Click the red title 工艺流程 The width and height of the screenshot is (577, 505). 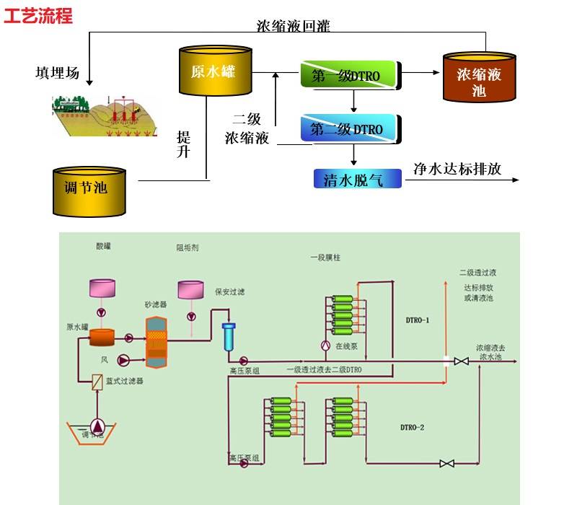(x=38, y=16)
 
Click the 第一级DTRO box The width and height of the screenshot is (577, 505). (x=349, y=74)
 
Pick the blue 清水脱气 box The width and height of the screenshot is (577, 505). (x=358, y=178)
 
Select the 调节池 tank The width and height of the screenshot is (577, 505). (x=89, y=191)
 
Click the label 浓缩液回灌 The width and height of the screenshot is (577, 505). (x=293, y=26)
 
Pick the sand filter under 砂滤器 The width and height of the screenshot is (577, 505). (x=157, y=340)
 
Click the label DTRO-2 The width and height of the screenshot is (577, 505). (x=412, y=428)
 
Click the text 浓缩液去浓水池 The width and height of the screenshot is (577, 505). (x=490, y=352)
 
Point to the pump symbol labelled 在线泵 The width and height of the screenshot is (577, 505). (x=324, y=345)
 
